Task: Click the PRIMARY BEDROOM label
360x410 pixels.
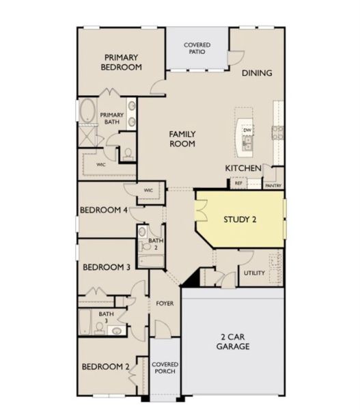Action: pos(121,62)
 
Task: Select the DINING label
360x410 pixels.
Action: pos(256,73)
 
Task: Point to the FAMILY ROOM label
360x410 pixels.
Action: pos(182,139)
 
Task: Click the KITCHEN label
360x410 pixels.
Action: pos(243,167)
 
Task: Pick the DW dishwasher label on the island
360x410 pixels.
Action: pos(247,130)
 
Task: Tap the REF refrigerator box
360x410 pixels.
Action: pos(238,183)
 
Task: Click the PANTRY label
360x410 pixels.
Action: pos(273,185)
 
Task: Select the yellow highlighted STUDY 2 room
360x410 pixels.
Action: pos(240,219)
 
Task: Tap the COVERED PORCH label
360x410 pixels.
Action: pos(165,368)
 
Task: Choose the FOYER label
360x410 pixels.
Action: pos(165,303)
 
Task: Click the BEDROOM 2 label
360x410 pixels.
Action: pos(106,367)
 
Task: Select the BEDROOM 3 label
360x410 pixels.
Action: pos(107,267)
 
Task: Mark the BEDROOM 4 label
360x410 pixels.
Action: pos(104,210)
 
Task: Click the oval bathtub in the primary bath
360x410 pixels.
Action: pos(88,111)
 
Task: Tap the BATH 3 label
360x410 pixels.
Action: pos(106,317)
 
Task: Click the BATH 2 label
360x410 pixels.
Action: pos(156,243)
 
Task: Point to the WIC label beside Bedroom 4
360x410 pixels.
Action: pos(148,191)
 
